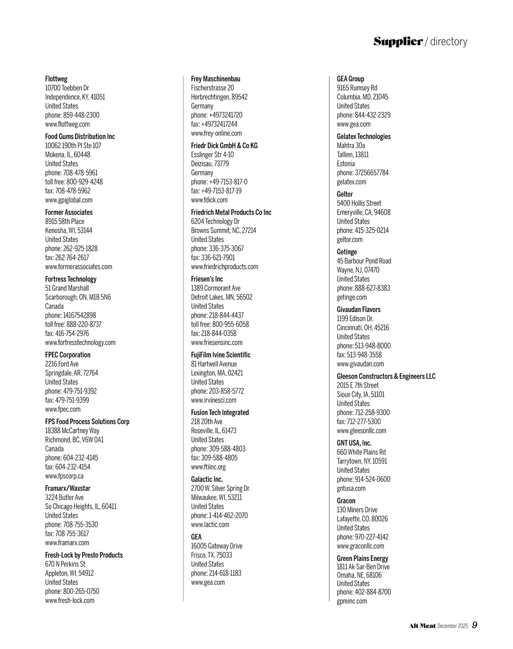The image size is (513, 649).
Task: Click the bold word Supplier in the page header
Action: tap(398, 41)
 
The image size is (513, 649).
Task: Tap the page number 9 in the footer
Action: tap(475, 625)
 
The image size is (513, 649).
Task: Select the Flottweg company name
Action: tap(56, 79)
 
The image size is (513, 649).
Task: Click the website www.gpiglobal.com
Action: tap(69, 200)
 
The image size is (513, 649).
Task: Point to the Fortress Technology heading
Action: tap(71, 279)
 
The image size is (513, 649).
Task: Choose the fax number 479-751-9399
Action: tap(72, 400)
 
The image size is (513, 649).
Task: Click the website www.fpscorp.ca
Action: tap(65, 476)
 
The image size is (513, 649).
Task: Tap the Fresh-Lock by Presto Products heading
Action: tap(84, 555)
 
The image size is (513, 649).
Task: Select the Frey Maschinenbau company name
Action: tap(215, 79)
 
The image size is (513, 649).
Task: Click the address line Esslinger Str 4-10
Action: tap(212, 155)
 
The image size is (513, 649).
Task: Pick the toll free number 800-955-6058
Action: tap(230, 324)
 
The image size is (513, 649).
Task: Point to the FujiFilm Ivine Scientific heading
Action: tap(221, 355)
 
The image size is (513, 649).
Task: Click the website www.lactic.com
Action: tap(210, 525)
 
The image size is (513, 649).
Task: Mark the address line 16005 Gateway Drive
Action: tap(217, 546)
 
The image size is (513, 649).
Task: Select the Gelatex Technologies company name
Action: tap(364, 137)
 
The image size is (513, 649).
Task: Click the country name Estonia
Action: tap(346, 164)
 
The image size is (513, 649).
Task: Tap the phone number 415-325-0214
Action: tap(371, 230)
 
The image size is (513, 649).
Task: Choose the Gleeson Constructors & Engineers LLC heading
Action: tap(386, 376)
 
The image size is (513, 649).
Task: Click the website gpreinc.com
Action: tap(352, 601)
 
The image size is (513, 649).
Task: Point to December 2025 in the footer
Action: tap(453, 626)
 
